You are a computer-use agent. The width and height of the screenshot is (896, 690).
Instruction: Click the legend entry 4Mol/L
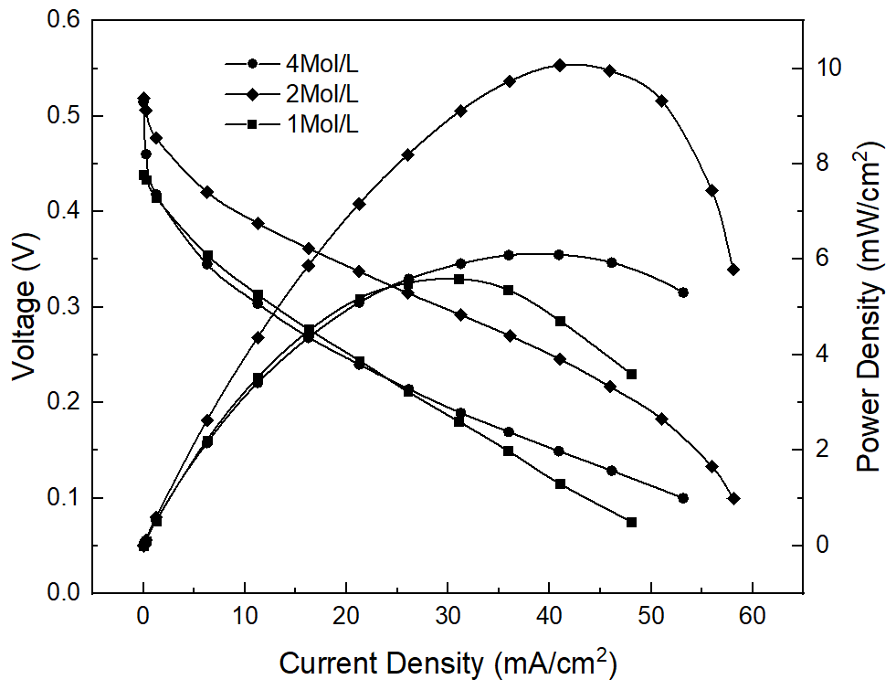pos(319,63)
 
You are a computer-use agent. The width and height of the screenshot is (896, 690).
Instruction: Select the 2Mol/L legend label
pos(319,93)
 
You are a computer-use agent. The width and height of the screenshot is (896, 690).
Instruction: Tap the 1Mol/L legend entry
pos(319,124)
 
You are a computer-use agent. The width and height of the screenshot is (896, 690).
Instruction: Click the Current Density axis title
pos(447,662)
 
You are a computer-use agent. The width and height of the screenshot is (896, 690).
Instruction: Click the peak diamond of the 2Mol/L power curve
pos(560,65)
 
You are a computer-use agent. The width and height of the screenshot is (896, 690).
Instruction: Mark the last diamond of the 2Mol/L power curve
pos(733,270)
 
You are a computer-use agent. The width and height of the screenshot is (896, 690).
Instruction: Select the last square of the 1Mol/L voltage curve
pos(631,522)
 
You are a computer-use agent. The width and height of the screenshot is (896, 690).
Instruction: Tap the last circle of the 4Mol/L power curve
pos(682,292)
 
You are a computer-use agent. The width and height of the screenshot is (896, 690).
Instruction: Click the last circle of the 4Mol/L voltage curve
pos(682,498)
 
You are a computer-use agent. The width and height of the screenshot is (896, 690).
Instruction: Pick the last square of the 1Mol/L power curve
pos(631,374)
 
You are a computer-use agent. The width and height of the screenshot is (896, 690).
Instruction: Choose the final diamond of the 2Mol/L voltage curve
pos(733,499)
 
